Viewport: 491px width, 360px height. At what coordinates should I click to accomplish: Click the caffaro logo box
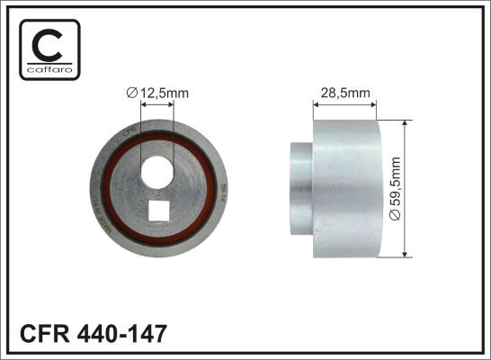pyautogui.click(x=49, y=49)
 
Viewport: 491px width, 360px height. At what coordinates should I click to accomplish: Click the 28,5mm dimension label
pyautogui.click(x=346, y=90)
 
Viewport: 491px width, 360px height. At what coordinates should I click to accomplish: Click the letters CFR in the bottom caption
pyautogui.click(x=42, y=336)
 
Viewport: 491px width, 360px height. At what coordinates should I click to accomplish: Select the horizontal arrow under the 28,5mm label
pyautogui.click(x=346, y=103)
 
